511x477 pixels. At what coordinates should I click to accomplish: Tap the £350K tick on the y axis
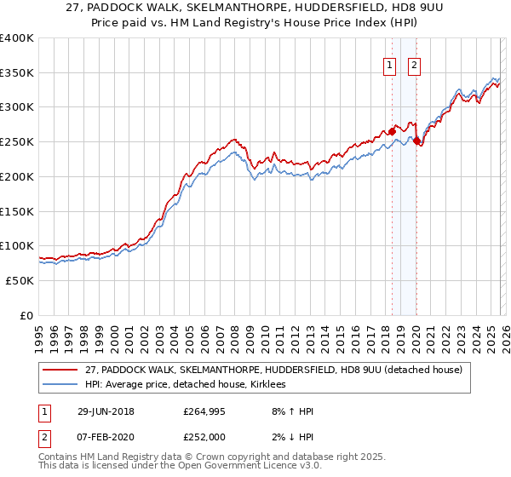tap(17, 72)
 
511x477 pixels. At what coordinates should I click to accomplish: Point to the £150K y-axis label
tap(17, 210)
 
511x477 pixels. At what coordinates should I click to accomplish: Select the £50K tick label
tap(20, 280)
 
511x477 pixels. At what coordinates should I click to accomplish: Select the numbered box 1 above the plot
tap(390, 65)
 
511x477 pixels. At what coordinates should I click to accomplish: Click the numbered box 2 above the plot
tap(415, 65)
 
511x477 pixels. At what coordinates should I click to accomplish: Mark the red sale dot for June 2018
tap(392, 131)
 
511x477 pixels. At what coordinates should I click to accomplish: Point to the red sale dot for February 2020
tap(416, 141)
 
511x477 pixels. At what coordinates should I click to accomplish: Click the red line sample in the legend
tap(60, 371)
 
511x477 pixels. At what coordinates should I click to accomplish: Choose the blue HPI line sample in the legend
tap(60, 385)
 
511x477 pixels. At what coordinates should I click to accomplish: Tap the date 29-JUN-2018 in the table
tap(106, 411)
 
